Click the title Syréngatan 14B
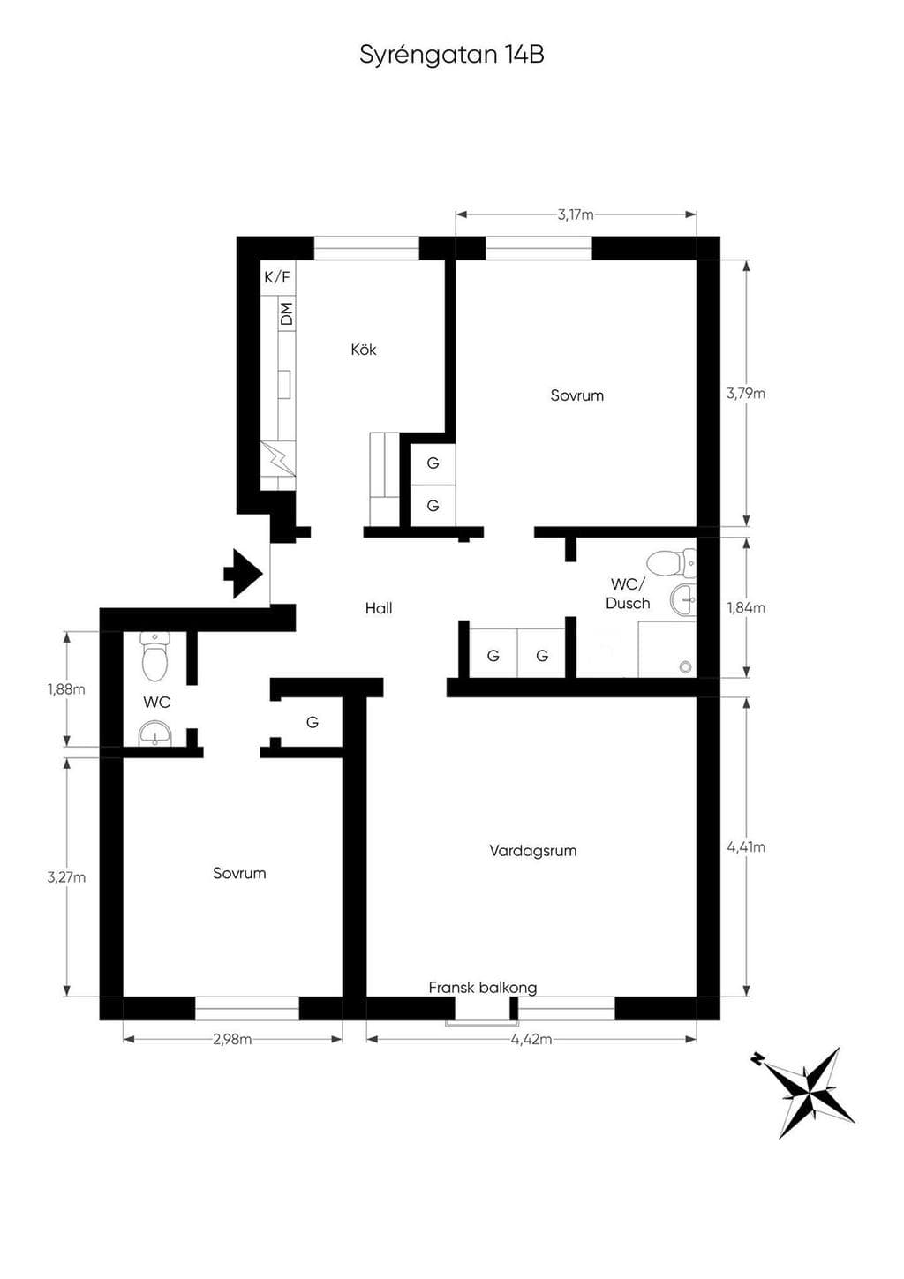pos(452,56)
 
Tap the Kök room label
pos(363,350)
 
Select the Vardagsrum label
pos(533,851)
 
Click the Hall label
pos(379,609)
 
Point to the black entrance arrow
pos(243,573)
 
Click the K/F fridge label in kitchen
pos(277,277)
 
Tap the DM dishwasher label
pos(287,314)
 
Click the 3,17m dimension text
pos(576,215)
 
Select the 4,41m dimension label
pos(746,846)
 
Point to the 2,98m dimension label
pos(232,1039)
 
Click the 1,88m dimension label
pos(66,689)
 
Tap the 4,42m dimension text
pos(531,1039)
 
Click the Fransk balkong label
pos(483,987)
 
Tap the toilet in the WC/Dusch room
pos(672,563)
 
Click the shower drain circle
pos(686,666)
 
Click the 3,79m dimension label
pos(746,394)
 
